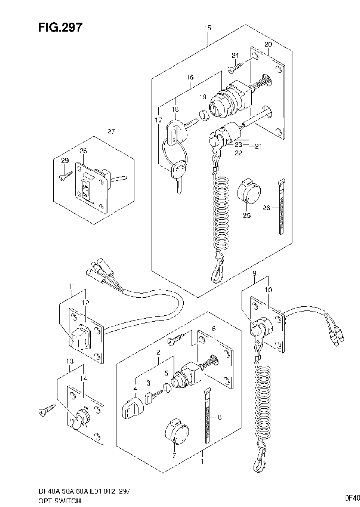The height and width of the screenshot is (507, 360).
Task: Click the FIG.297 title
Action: coord(60,27)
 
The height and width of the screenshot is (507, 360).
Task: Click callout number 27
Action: coord(111,132)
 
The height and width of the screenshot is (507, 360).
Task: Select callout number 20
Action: coord(268,44)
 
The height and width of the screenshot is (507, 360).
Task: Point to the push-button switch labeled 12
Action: coord(79,338)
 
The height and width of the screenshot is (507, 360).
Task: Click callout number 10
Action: coord(269,290)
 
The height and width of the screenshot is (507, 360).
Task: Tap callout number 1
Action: coord(202,462)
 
